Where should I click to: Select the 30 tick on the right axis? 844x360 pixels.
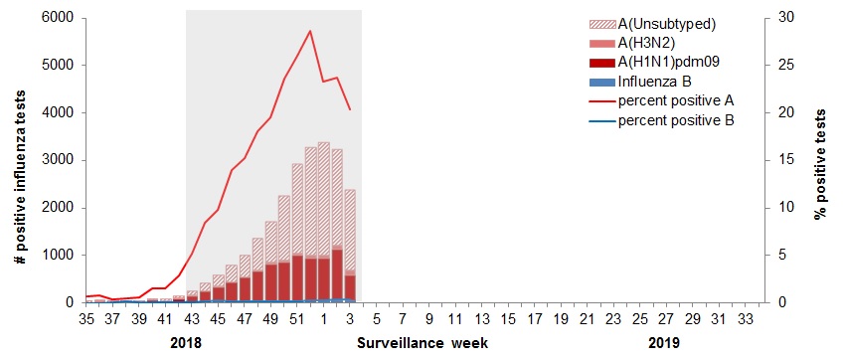(785, 18)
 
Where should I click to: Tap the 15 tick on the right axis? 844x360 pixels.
(785, 160)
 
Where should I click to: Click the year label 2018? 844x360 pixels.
(186, 343)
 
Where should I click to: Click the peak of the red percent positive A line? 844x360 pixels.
(310, 31)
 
